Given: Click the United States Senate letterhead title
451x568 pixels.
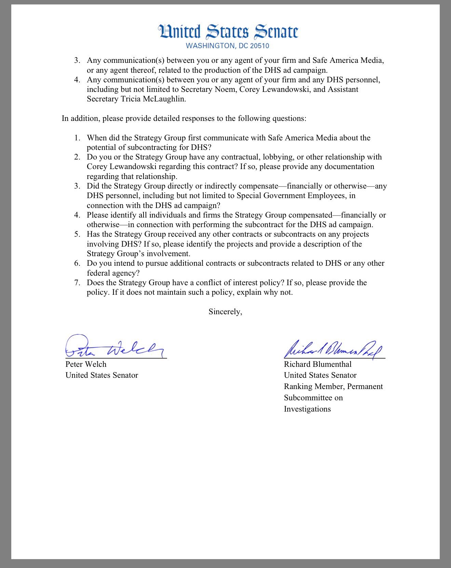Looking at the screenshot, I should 228,32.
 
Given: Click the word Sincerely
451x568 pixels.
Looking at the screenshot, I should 225,311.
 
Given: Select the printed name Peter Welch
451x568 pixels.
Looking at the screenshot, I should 86,364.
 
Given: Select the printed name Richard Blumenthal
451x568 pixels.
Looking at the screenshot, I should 317,364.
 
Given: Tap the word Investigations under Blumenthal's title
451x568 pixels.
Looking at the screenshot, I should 307,409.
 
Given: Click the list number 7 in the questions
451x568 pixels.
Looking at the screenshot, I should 77,283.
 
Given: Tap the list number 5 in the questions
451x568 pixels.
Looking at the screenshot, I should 77,234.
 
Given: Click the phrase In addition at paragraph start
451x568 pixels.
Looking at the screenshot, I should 81,119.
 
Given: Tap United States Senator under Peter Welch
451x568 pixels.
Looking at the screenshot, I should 102,375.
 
